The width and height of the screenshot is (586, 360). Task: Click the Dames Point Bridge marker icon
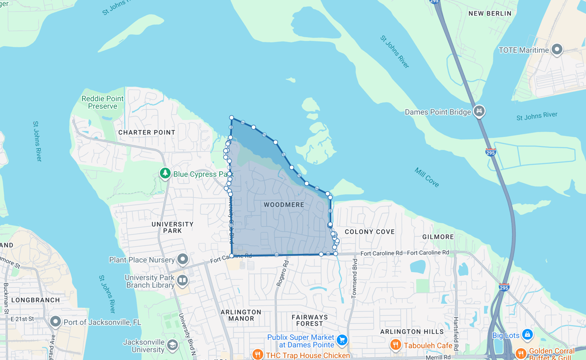pyautogui.click(x=479, y=111)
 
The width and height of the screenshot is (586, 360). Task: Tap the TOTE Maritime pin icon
pyautogui.click(x=557, y=49)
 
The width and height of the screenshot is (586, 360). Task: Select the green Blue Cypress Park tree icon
pyautogui.click(x=165, y=173)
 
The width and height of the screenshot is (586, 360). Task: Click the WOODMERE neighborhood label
pyautogui.click(x=284, y=204)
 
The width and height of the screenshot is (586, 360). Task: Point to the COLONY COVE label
pyautogui.click(x=369, y=231)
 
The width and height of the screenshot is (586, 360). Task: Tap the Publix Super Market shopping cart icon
pyautogui.click(x=342, y=340)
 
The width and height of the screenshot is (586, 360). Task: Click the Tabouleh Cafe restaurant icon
pyautogui.click(x=396, y=345)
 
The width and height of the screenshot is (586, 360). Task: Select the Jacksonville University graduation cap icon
pyautogui.click(x=172, y=345)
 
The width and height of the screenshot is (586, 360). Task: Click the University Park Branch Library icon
pyautogui.click(x=182, y=280)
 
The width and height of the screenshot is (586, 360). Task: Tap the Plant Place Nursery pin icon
pyautogui.click(x=183, y=259)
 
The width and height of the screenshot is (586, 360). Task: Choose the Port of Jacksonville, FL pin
pyautogui.click(x=55, y=322)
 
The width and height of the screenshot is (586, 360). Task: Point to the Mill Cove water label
pyautogui.click(x=427, y=177)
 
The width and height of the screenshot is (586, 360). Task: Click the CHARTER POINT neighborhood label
pyautogui.click(x=147, y=132)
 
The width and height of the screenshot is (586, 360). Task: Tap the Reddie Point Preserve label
pyautogui.click(x=103, y=102)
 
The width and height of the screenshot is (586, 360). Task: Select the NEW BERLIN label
pyautogui.click(x=490, y=14)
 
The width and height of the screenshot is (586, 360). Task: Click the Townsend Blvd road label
pyautogui.click(x=354, y=279)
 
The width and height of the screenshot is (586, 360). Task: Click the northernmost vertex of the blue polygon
pyautogui.click(x=232, y=118)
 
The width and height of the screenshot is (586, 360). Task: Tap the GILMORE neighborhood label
pyautogui.click(x=438, y=236)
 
